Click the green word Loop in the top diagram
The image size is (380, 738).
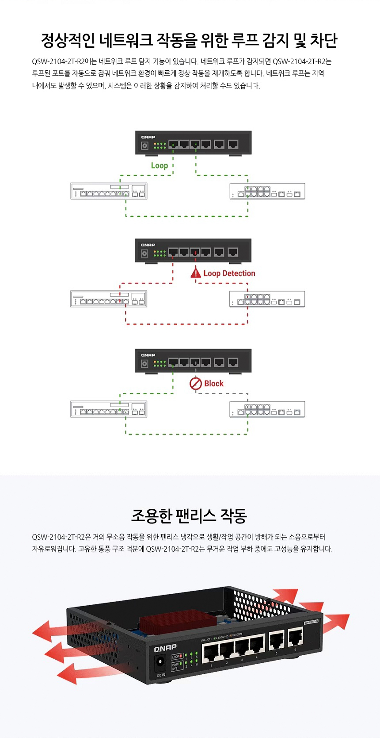click(159, 165)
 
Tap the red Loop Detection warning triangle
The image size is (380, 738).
click(196, 273)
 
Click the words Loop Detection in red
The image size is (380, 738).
click(229, 273)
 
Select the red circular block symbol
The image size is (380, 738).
click(196, 384)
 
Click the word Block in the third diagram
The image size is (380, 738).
click(214, 384)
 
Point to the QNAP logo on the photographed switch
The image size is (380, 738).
click(165, 648)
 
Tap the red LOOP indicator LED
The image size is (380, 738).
click(181, 656)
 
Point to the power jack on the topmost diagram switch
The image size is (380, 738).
click(144, 145)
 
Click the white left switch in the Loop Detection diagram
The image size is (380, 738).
click(109, 299)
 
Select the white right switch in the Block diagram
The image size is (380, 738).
click(267, 410)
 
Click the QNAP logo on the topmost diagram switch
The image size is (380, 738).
click(148, 137)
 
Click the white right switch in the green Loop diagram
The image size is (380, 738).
click(267, 191)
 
